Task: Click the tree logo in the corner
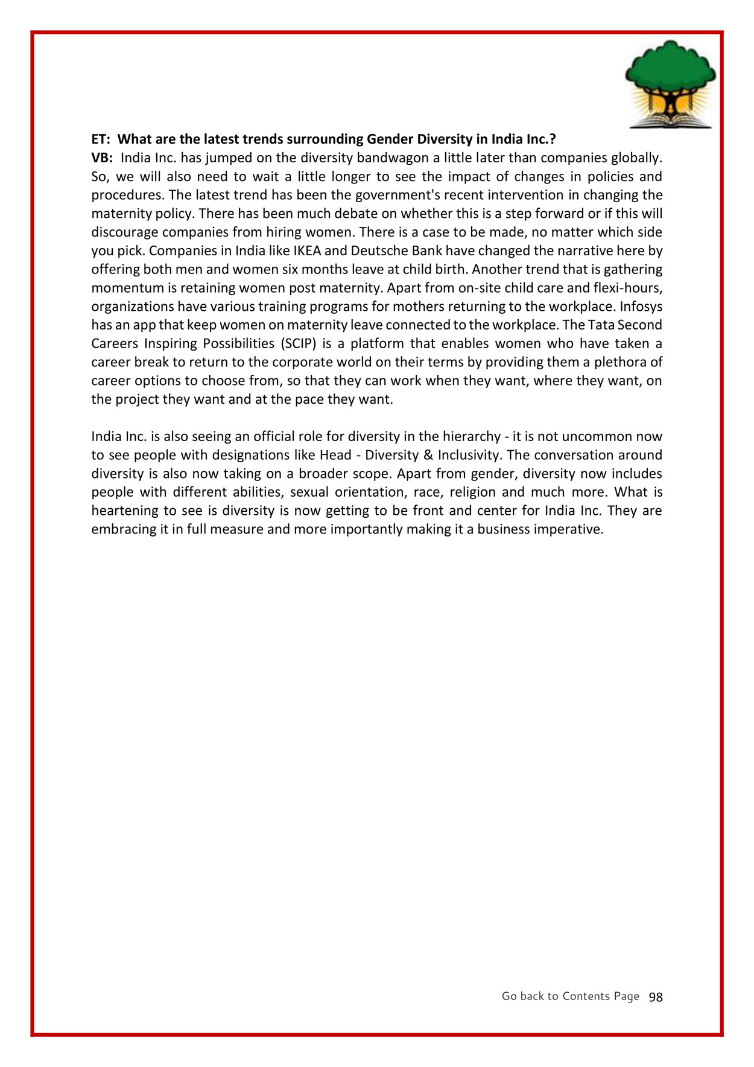[x=670, y=84]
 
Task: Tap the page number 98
[x=656, y=997]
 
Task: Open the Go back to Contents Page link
[x=570, y=996]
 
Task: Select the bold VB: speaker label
[x=102, y=158]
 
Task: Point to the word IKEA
[x=307, y=251]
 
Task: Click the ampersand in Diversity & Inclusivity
[x=428, y=456]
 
